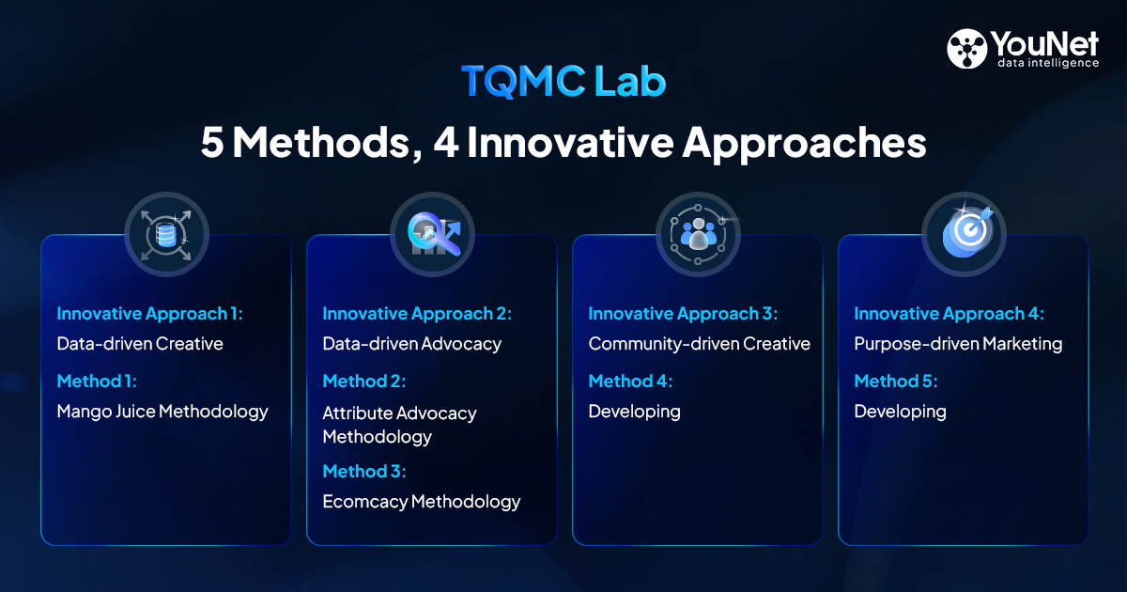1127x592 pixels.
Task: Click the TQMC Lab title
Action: (563, 81)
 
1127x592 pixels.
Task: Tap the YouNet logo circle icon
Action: (966, 48)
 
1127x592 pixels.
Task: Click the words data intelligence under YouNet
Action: (1048, 64)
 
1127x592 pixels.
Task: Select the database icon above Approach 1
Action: (166, 235)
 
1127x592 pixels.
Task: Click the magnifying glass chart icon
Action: (434, 234)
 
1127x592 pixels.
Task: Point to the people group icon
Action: (699, 235)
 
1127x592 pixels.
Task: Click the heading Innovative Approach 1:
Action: (149, 314)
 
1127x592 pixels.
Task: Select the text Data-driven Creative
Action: (140, 344)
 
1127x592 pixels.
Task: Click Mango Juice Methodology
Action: (162, 413)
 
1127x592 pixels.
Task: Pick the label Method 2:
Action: (363, 382)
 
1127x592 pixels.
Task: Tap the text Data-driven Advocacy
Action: (411, 344)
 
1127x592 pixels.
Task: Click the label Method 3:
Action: (363, 471)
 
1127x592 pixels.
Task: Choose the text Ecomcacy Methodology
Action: (421, 502)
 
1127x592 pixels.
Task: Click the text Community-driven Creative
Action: (700, 344)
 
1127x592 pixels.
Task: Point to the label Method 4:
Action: (630, 382)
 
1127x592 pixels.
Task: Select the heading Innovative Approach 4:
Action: (949, 314)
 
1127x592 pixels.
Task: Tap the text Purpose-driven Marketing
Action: (958, 344)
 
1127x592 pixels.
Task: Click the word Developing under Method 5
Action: (900, 413)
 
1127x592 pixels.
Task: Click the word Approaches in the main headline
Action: (804, 144)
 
